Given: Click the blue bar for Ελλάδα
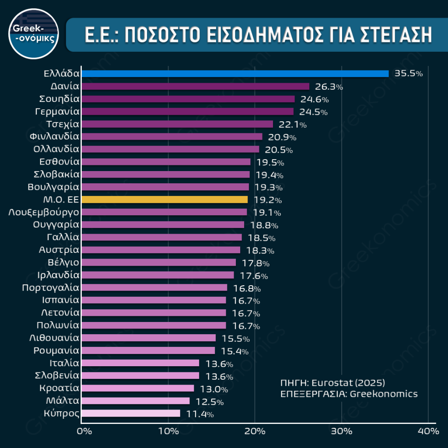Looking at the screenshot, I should pos(235,73).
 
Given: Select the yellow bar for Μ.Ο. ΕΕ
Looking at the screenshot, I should pos(164,199).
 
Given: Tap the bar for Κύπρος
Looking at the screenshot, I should pos(131,413).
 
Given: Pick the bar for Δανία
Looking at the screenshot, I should pos(195,86).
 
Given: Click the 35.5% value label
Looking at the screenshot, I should pos(409,73).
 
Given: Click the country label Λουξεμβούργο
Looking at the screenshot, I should pos(44,212).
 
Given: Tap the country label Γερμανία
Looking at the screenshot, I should pos(57,112).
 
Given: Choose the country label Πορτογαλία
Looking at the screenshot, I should pos(50,287).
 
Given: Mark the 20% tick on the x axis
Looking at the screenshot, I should pos(255,431).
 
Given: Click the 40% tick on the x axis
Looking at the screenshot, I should pos(428,431).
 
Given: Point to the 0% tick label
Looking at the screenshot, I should pos(84,431).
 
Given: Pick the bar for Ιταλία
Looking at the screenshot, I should pos(140,363).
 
